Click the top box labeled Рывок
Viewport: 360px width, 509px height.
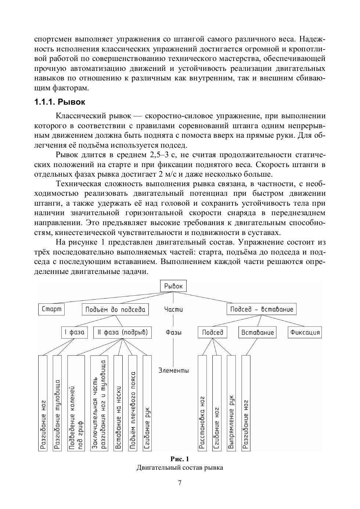[x=173, y=286]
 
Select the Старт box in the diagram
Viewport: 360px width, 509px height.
[x=51, y=309]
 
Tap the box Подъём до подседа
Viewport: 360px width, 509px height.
[x=115, y=310]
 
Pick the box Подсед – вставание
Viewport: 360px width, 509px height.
[x=262, y=309]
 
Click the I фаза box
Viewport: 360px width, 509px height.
[x=74, y=333]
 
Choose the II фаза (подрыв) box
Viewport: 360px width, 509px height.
[x=122, y=333]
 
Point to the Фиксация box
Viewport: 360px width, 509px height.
[x=305, y=333]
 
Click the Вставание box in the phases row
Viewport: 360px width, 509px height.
[x=258, y=333]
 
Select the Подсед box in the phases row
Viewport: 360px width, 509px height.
[x=213, y=333]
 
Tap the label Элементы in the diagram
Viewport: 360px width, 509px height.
[x=173, y=371]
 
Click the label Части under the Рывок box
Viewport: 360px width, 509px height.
[x=173, y=310]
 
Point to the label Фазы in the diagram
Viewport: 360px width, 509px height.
[x=173, y=333]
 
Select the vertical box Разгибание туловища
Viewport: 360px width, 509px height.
[x=57, y=403]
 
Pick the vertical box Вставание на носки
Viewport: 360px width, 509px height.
[x=118, y=403]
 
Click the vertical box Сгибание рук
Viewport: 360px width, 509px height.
[x=147, y=403]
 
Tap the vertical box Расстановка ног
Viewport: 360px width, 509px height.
[x=202, y=403]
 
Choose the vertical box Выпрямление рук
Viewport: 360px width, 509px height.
[x=231, y=403]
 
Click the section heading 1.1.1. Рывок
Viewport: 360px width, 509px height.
[x=60, y=102]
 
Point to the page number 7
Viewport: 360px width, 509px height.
[x=180, y=483]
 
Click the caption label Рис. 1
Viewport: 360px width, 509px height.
[x=180, y=459]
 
